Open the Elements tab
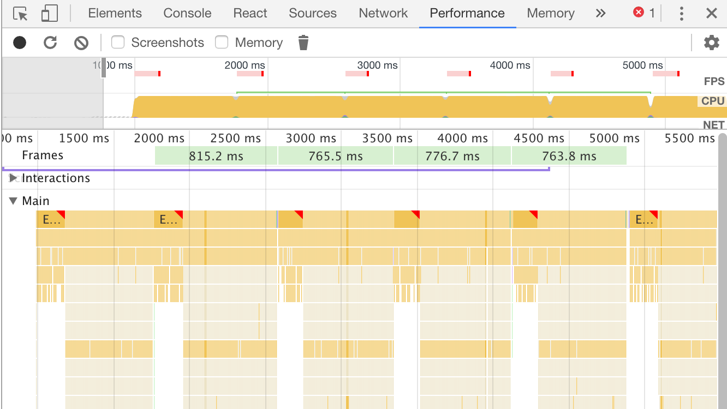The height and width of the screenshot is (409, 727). (x=115, y=13)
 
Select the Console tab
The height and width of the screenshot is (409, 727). (x=187, y=13)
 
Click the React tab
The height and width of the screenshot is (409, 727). (x=250, y=13)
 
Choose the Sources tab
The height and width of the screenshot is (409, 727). (x=313, y=13)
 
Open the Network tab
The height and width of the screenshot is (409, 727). (x=383, y=13)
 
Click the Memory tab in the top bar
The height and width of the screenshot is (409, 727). (x=550, y=13)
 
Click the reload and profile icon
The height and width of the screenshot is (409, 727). (x=50, y=43)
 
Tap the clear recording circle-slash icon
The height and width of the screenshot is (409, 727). (x=81, y=43)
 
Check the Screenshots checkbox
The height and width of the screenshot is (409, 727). (x=118, y=43)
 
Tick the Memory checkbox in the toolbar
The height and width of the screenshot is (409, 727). (x=222, y=43)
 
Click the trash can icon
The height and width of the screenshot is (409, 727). (x=303, y=43)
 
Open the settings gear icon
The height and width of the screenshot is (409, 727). (x=711, y=43)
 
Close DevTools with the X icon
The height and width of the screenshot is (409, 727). (x=711, y=13)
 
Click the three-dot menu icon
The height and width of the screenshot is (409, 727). (x=681, y=13)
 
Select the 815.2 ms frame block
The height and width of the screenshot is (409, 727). (x=216, y=157)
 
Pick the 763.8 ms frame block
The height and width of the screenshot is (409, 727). (x=569, y=157)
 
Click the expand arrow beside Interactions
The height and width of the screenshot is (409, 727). (x=14, y=178)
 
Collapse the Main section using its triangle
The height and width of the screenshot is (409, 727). (x=14, y=201)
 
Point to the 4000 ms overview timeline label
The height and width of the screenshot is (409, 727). (x=510, y=65)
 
